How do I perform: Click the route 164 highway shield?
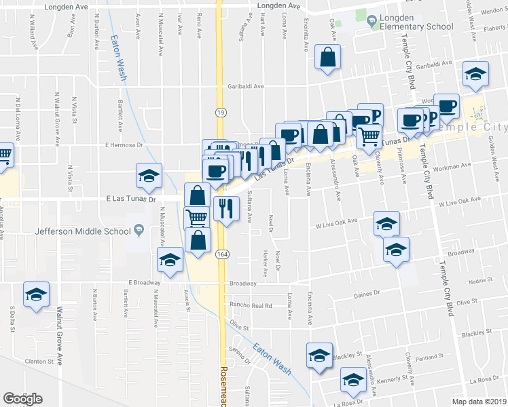(x=221, y=254)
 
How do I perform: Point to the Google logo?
(x=22, y=399)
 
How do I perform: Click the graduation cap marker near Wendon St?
(x=475, y=74)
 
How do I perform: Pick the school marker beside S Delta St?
(x=36, y=294)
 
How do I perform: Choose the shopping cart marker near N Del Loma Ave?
(x=3, y=155)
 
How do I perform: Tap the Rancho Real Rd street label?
(x=251, y=306)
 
